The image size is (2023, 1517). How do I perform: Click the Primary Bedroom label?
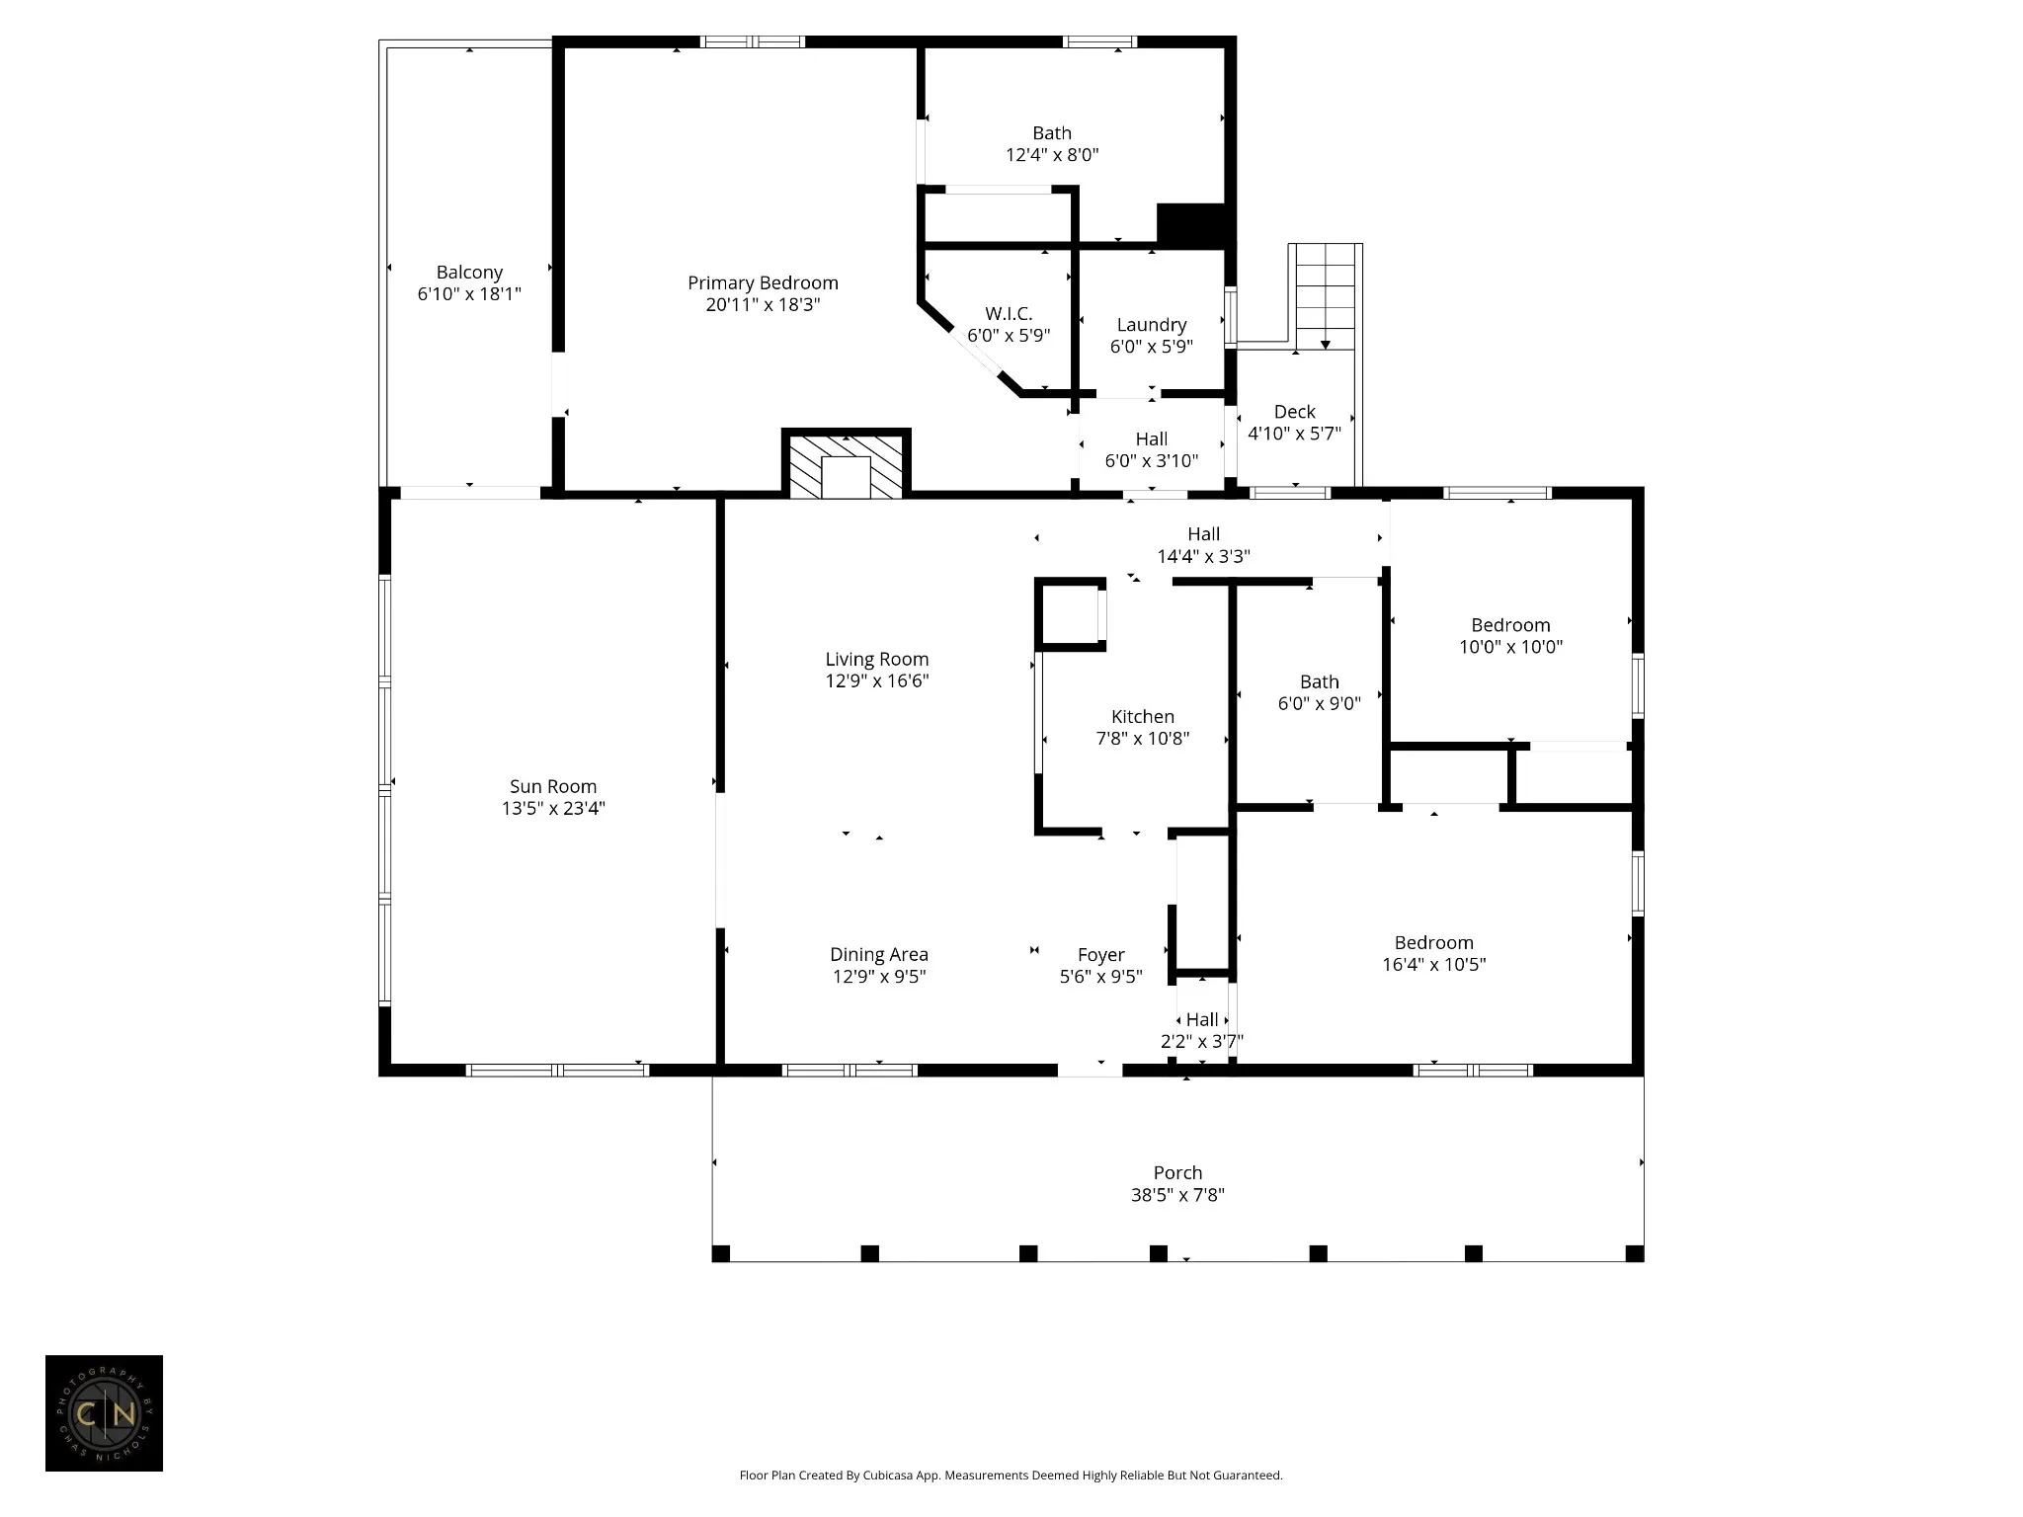click(x=763, y=283)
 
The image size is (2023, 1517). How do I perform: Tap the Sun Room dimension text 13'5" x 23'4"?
click(x=553, y=809)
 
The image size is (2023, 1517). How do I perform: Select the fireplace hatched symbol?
click(x=847, y=466)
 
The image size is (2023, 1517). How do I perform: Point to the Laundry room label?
click(x=1152, y=325)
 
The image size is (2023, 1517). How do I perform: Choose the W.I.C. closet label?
click(x=1009, y=314)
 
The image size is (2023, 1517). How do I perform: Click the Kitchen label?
click(x=1143, y=717)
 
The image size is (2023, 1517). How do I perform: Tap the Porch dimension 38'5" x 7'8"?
click(x=1177, y=1195)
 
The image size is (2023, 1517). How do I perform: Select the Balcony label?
click(x=470, y=273)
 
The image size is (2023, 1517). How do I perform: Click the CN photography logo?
click(x=104, y=1413)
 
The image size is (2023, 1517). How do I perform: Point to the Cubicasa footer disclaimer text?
click(x=1011, y=1476)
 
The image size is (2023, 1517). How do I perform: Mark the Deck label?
click(x=1295, y=412)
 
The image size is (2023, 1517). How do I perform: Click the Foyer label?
click(x=1101, y=955)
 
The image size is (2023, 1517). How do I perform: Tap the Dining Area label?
click(x=879, y=955)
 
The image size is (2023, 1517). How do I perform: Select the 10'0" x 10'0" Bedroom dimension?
click(x=1511, y=648)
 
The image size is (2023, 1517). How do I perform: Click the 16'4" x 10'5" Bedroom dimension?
click(x=1434, y=965)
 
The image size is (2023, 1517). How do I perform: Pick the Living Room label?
click(x=877, y=660)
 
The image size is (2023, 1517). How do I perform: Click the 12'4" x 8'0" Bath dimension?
click(x=1052, y=155)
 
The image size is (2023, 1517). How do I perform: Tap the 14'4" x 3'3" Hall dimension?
click(x=1204, y=557)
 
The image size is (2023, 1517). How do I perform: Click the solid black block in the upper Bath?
click(x=1190, y=223)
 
